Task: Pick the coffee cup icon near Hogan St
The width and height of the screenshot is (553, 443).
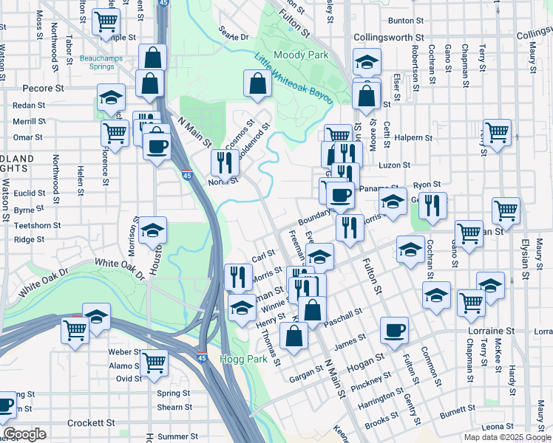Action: coord(395,330)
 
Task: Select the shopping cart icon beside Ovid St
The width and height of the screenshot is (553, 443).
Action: coord(154,362)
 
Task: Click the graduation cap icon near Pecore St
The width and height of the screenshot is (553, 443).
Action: coord(111,97)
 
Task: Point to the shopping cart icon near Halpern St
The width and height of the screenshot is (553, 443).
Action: coord(498,133)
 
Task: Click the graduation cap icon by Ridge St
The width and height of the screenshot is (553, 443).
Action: coord(152,230)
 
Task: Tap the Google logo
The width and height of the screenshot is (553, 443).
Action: coord(25,434)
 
